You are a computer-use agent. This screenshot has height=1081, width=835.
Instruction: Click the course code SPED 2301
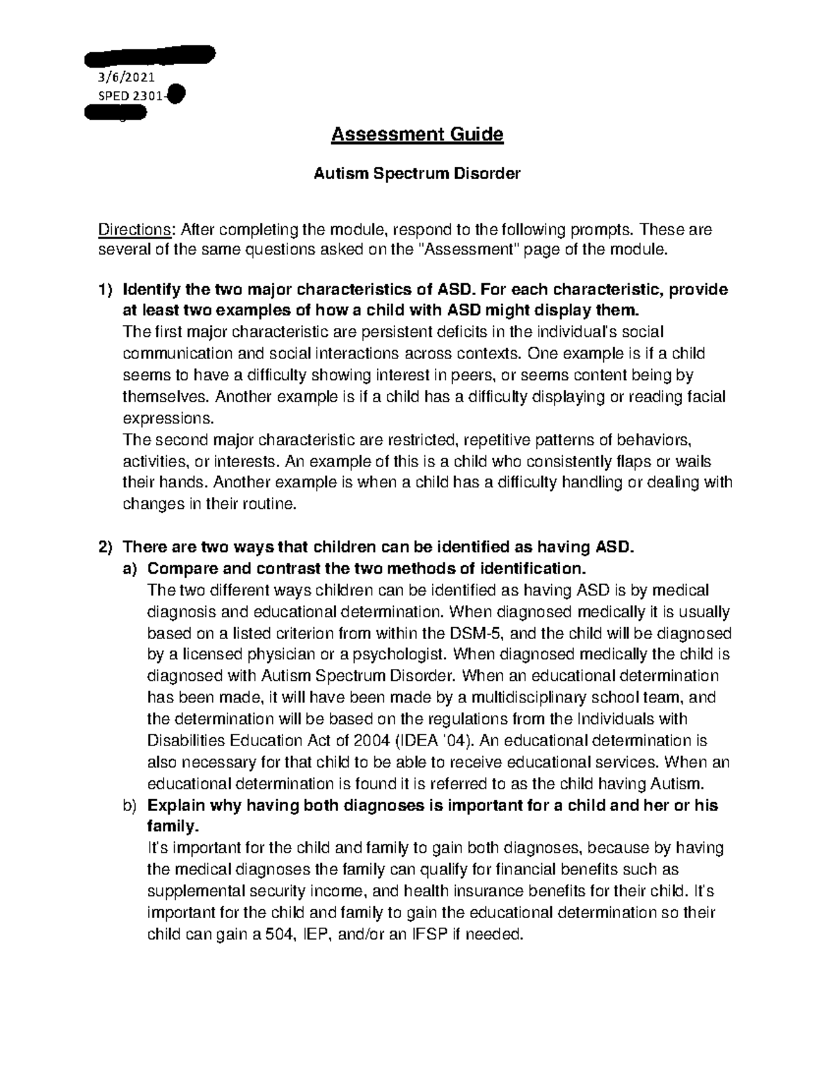125,97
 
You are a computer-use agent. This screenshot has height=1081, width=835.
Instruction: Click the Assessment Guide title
417,134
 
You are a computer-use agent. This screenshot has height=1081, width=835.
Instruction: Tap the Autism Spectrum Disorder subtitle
417,174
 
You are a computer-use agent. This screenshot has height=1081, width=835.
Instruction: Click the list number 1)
104,290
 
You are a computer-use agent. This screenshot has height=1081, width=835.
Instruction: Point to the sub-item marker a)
130,569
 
